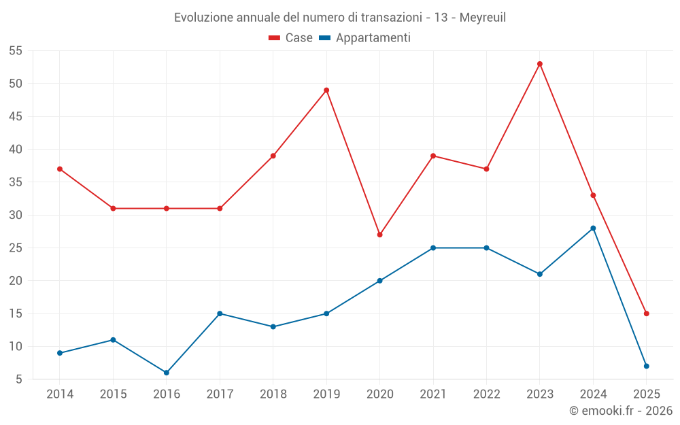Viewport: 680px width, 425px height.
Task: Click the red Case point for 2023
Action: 539,64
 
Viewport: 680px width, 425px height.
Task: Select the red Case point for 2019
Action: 326,90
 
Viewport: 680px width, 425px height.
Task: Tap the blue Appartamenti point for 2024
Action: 593,228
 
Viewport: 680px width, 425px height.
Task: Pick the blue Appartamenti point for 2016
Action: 167,373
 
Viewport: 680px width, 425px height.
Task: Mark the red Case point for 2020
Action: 379,235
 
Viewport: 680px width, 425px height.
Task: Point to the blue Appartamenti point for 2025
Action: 646,367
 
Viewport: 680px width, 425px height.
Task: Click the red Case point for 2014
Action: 60,169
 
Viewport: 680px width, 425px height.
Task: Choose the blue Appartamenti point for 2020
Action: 379,281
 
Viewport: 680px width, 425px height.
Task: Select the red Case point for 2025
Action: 646,313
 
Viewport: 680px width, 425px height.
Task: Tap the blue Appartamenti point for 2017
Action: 220,313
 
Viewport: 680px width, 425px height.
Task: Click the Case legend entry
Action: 290,38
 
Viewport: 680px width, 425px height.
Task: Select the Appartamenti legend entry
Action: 365,38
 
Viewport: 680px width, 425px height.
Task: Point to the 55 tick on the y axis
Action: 16,51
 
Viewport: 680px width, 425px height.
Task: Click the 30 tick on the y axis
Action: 16,215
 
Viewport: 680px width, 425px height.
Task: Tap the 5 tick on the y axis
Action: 19,379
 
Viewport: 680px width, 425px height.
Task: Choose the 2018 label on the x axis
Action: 273,394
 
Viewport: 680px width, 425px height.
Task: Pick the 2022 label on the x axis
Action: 486,394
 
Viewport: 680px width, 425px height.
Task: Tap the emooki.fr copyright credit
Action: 620,411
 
